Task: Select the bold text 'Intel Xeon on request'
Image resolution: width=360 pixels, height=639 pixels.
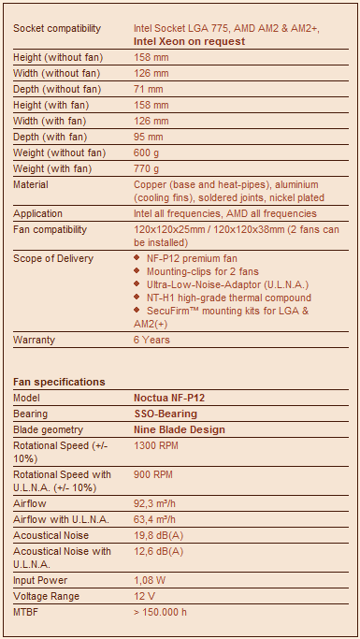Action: click(x=190, y=41)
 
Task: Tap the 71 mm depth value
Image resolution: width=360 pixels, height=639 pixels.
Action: click(x=150, y=89)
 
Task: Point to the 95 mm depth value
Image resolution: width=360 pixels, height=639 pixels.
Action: click(x=150, y=137)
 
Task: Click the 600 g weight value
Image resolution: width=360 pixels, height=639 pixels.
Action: click(x=149, y=152)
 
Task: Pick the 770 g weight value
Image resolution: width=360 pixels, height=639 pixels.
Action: click(x=149, y=168)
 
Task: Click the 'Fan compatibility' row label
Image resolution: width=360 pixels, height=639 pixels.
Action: click(x=50, y=229)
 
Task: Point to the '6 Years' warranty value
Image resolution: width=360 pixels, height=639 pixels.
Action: click(x=151, y=340)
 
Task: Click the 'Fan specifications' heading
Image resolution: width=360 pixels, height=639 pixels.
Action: click(x=59, y=382)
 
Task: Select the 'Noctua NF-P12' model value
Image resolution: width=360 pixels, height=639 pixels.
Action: click(x=169, y=398)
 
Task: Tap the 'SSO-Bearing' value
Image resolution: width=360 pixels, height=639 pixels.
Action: click(x=166, y=414)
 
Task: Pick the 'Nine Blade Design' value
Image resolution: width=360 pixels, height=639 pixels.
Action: click(x=180, y=429)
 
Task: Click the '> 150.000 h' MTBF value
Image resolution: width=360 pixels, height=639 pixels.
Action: click(x=161, y=612)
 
